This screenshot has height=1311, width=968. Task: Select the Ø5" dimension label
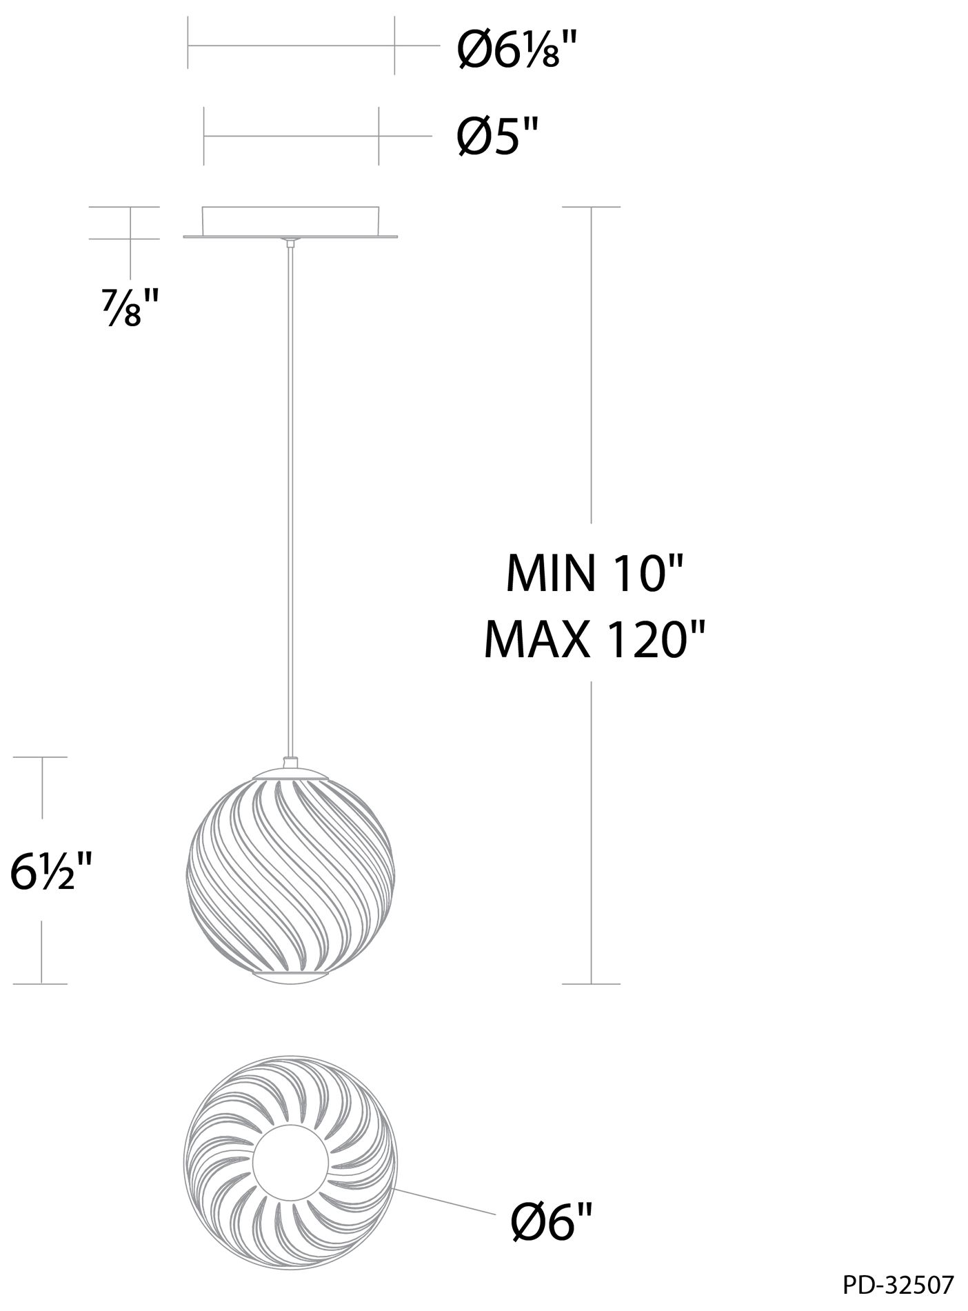[x=496, y=138]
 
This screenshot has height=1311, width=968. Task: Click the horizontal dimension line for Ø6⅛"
[x=290, y=46]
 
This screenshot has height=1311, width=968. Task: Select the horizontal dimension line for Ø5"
[x=290, y=136]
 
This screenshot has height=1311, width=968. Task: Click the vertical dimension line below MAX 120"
[x=591, y=828]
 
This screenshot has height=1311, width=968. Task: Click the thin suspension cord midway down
[x=290, y=497]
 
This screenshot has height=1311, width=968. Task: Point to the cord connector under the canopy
[x=290, y=243]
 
